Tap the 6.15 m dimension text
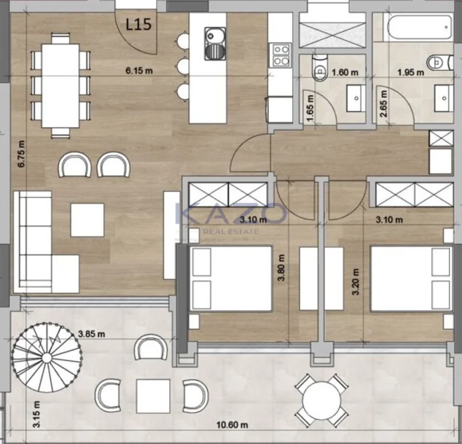point(139,70)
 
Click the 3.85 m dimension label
point(91,333)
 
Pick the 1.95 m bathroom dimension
point(411,72)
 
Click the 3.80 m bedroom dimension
point(281,267)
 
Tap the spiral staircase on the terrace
point(47,356)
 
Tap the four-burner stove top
point(280,55)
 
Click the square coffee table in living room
point(87,220)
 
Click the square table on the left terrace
point(152,395)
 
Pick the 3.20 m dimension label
point(356,282)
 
